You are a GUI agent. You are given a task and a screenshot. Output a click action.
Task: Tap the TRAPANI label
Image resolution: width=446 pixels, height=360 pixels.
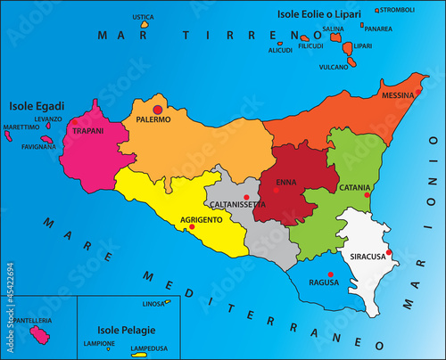[88, 131]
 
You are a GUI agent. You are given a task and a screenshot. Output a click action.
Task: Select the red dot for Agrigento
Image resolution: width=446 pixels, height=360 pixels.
[191, 226]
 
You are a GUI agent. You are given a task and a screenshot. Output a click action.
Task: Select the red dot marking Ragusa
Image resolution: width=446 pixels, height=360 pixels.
[330, 274]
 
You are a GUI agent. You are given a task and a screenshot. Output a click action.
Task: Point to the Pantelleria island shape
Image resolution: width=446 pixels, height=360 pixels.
[39, 334]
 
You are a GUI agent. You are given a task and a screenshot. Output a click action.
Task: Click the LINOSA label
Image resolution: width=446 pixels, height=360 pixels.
[154, 305]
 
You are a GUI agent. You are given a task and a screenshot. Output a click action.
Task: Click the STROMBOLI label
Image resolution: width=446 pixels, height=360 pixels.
[397, 10]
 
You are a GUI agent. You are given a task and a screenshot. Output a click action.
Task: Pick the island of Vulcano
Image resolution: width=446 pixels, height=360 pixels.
[351, 63]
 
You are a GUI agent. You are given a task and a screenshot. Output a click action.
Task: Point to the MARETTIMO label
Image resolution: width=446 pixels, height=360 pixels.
[21, 127]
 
